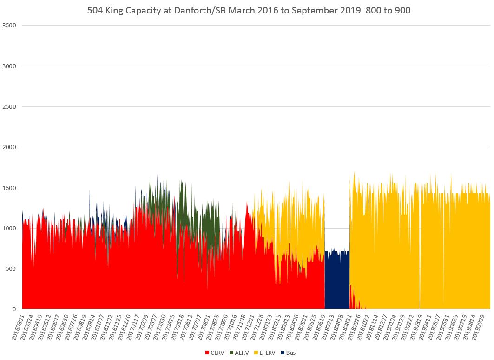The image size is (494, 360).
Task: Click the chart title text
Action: click(x=249, y=10)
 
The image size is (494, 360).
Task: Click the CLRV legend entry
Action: click(x=215, y=353)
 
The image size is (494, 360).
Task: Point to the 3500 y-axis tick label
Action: click(x=10, y=25)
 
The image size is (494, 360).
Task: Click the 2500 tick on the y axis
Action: click(x=10, y=107)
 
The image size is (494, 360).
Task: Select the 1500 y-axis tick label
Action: click(x=10, y=188)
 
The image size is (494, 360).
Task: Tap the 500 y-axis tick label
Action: click(x=11, y=269)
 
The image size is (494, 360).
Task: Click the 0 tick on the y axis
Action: click(x=14, y=309)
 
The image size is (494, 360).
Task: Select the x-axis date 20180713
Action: click(x=328, y=327)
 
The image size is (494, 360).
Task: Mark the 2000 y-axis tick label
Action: click(x=10, y=147)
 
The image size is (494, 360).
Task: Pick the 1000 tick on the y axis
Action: click(x=10, y=229)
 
